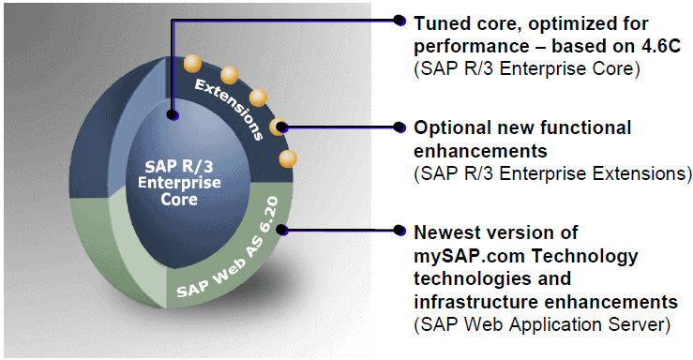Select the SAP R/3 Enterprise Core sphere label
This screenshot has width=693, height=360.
pyautogui.click(x=179, y=183)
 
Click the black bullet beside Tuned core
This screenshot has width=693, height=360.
pyautogui.click(x=399, y=20)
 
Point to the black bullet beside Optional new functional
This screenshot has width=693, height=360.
pyautogui.click(x=399, y=127)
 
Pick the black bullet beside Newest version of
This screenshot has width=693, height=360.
pyautogui.click(x=399, y=230)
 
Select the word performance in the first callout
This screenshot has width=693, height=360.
pyautogui.click(x=471, y=47)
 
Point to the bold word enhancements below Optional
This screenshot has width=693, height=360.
pyautogui.click(x=480, y=151)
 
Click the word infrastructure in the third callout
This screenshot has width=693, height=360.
pyautogui.click(x=475, y=302)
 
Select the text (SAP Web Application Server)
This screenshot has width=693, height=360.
pyautogui.click(x=542, y=325)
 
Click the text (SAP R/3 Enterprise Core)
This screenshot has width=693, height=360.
pyautogui.click(x=527, y=69)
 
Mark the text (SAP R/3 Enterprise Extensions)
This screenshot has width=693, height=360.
pyautogui.click(x=552, y=173)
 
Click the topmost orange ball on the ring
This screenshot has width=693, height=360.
pyautogui.click(x=192, y=64)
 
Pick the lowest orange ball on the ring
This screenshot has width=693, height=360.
pyautogui.click(x=288, y=159)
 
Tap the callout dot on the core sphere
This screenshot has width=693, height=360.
pyautogui.click(x=173, y=115)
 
